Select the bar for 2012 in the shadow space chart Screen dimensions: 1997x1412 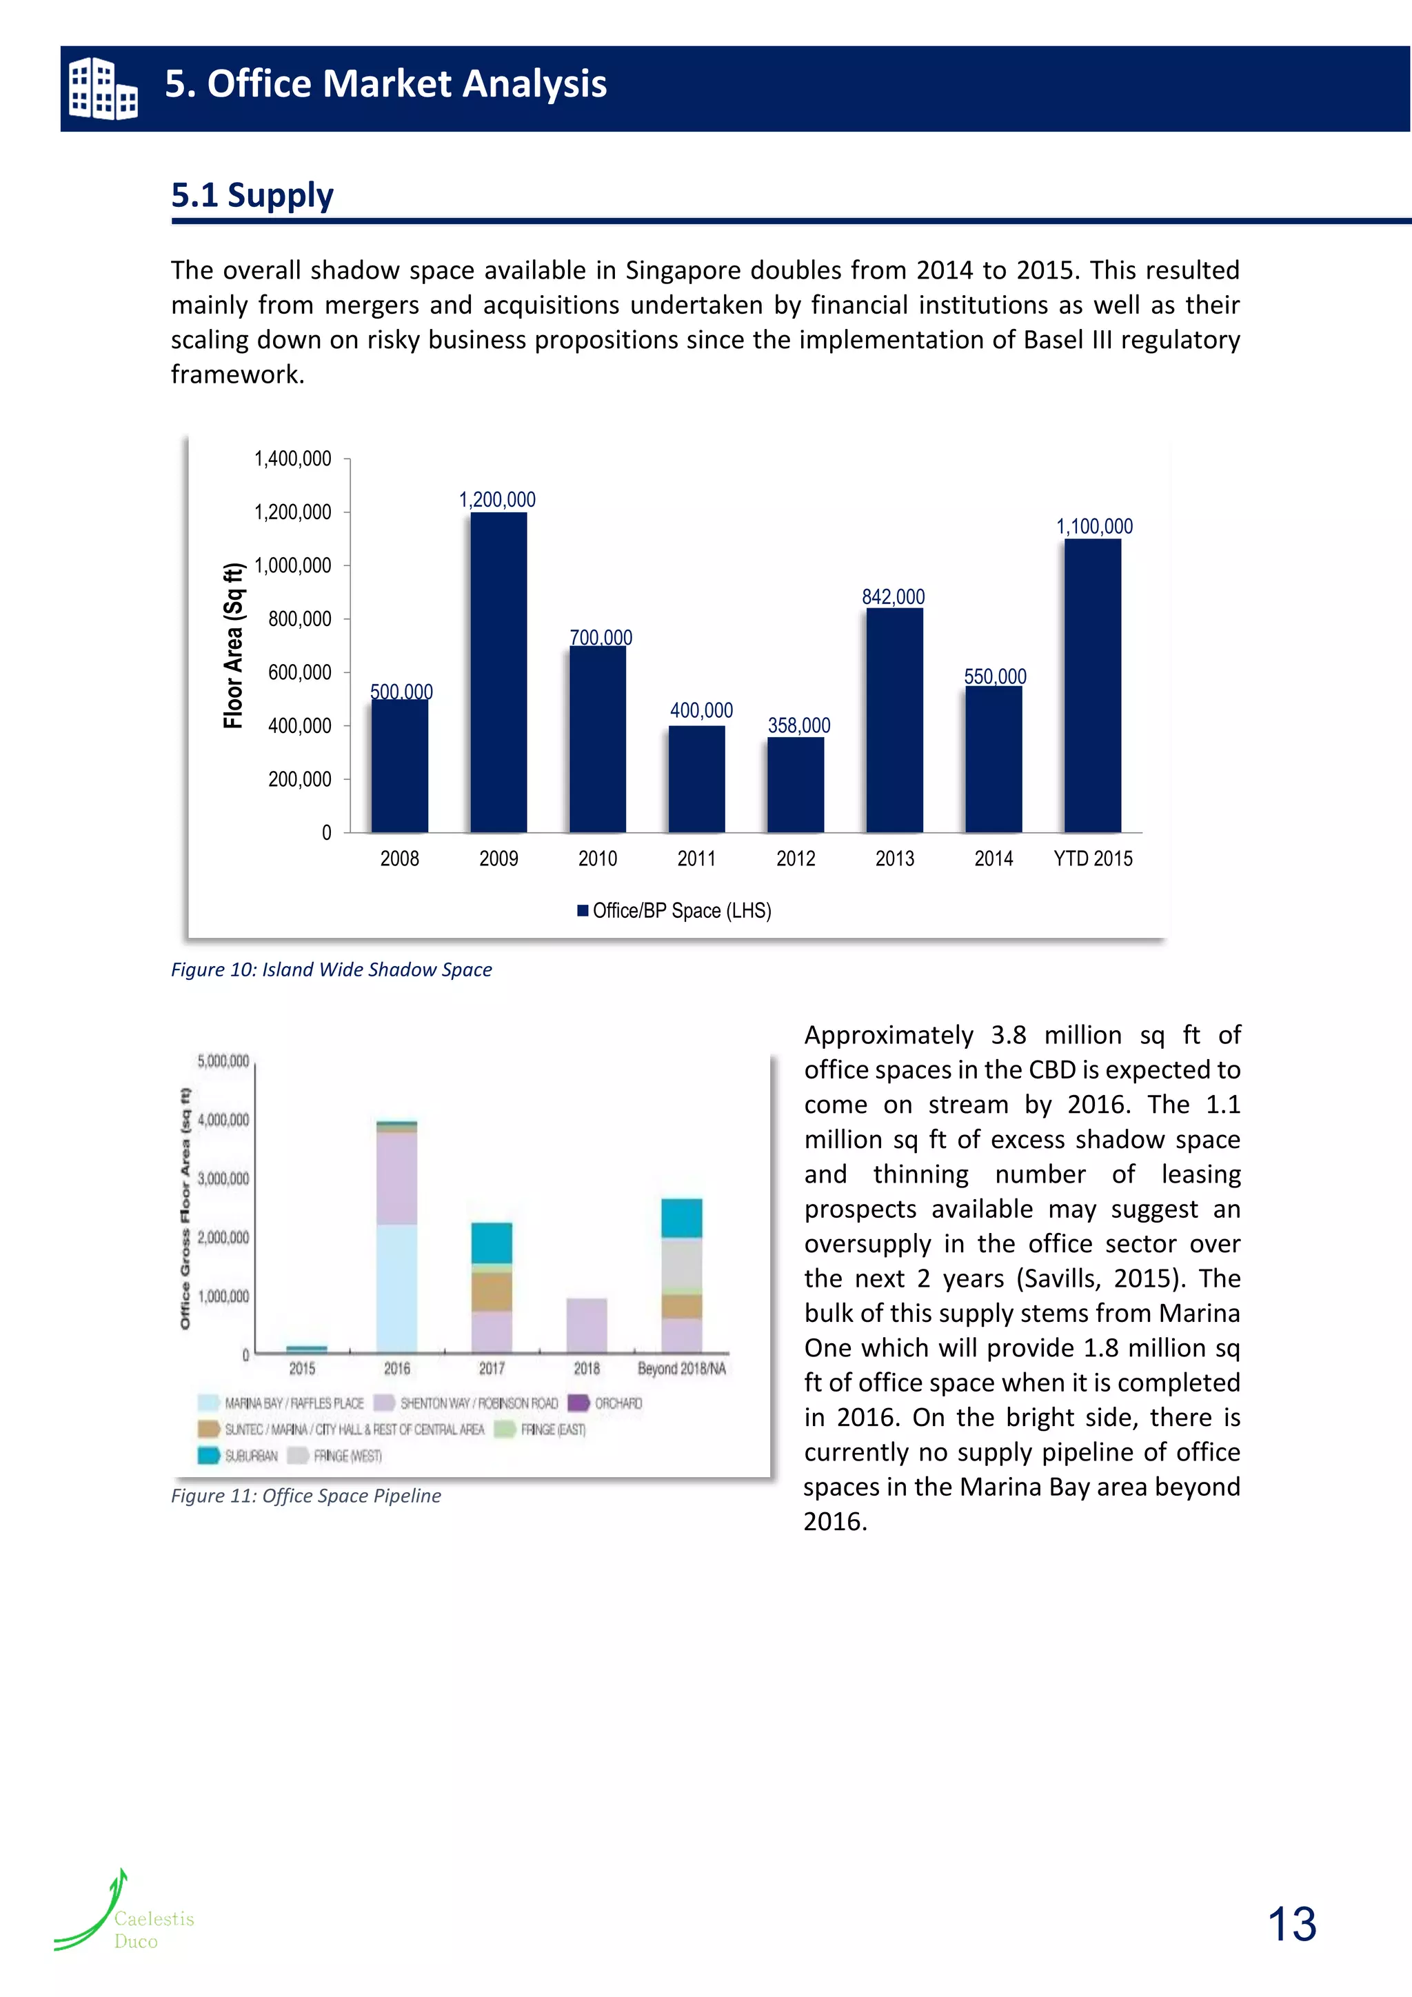(x=796, y=785)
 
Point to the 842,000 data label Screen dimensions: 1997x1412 (x=893, y=596)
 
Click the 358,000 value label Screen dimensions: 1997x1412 (x=798, y=725)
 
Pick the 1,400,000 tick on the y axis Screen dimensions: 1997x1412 (x=292, y=459)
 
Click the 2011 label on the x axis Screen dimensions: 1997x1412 (x=696, y=859)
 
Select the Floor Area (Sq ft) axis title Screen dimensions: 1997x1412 (x=233, y=645)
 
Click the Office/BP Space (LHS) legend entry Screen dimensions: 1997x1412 (x=675, y=911)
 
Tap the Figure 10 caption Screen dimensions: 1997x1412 (x=331, y=969)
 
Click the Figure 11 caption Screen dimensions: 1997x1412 (x=306, y=1495)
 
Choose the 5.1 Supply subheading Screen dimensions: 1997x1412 (x=252, y=195)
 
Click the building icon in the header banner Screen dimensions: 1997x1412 (x=103, y=88)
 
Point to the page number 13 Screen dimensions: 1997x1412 (x=1292, y=1923)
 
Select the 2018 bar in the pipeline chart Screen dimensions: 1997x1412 (x=586, y=1325)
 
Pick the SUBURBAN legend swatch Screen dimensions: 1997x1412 (x=209, y=1455)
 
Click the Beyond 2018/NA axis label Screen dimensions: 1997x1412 (x=682, y=1368)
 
